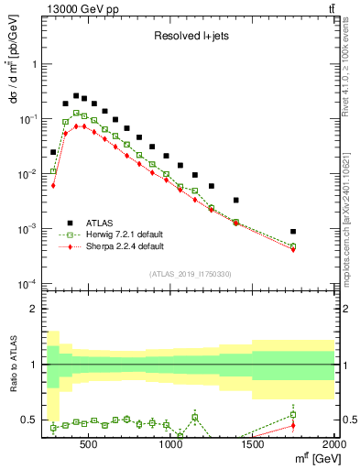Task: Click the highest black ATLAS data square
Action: [77, 93]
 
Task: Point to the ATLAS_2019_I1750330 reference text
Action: [191, 273]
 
